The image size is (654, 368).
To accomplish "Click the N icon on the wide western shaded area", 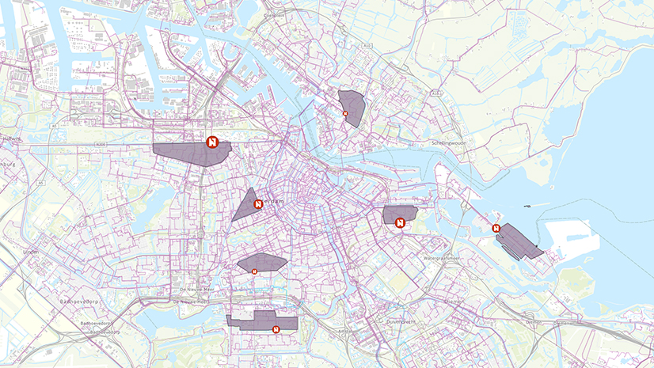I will pyautogui.click(x=212, y=142).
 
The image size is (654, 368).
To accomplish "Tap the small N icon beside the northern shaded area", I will pyautogui.click(x=345, y=114).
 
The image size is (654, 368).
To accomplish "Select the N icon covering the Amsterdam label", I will pyautogui.click(x=258, y=204).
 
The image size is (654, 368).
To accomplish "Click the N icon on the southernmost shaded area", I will pyautogui.click(x=276, y=329).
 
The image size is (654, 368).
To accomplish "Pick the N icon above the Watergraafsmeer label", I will pyautogui.click(x=400, y=223).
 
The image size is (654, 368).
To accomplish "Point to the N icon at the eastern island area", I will pyautogui.click(x=496, y=228).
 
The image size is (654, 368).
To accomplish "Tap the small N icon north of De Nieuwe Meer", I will pyautogui.click(x=254, y=271).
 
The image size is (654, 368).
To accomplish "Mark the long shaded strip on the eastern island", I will pyautogui.click(x=519, y=242).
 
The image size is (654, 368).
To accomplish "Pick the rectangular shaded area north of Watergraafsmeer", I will pyautogui.click(x=401, y=213).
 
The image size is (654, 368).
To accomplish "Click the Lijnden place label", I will pyautogui.click(x=31, y=252).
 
